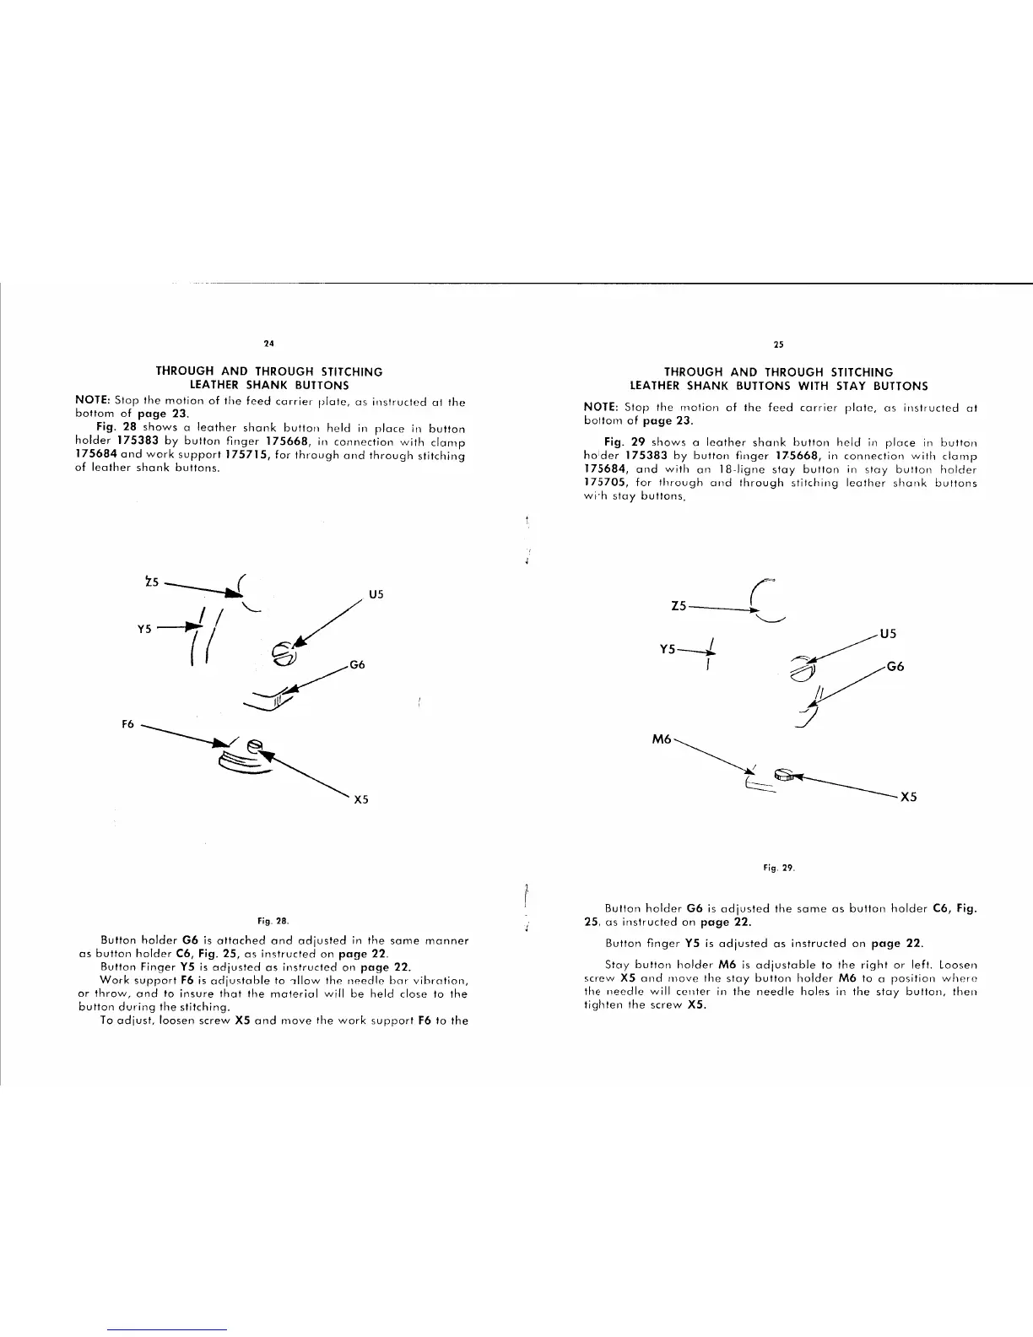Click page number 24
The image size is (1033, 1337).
(268, 344)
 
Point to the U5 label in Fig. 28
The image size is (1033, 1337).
(376, 594)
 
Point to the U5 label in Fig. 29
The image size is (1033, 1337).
(887, 633)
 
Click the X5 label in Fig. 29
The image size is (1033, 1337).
(908, 797)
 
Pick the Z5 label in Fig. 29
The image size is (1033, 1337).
(679, 605)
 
